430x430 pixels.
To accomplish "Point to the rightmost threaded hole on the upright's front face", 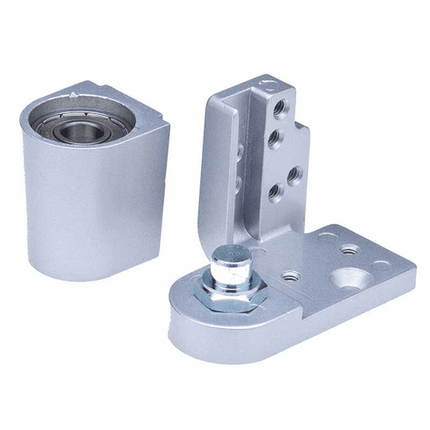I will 294,174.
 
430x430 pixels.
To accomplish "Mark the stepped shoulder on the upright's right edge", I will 304,132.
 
